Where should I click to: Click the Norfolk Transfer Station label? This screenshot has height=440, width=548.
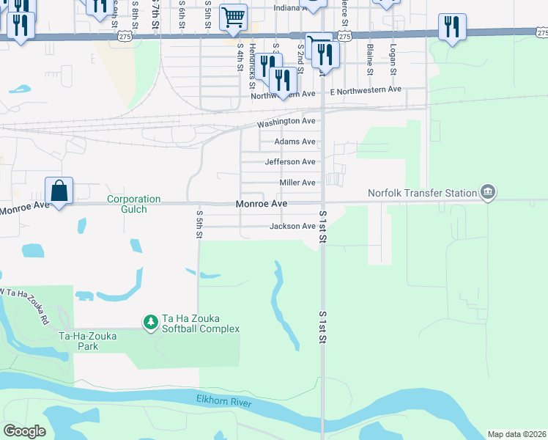421,194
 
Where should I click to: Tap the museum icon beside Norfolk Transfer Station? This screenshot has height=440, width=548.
487,194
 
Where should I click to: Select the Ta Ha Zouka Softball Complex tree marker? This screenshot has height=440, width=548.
150,321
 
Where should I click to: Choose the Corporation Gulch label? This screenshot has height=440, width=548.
133,204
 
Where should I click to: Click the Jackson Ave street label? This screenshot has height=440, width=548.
292,227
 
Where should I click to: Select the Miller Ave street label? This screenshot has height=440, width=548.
297,183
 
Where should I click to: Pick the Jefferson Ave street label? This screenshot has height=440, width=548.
290,162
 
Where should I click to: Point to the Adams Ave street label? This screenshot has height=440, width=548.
295,142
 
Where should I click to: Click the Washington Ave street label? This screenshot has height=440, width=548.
286,121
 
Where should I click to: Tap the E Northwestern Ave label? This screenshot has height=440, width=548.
366,89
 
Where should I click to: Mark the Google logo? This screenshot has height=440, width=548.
24,431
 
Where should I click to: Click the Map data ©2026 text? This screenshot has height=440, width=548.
516,434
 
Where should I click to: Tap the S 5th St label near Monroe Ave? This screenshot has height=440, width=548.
199,219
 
